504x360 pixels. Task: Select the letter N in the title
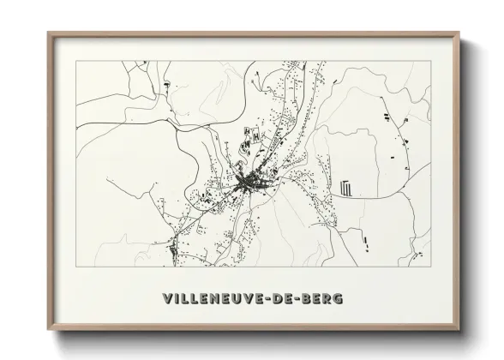click(x=217, y=299)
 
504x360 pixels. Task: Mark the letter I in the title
click(x=177, y=299)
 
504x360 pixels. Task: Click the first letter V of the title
click(x=167, y=299)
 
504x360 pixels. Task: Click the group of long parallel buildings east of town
click(x=346, y=187)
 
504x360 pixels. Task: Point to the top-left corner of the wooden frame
click(x=48, y=33)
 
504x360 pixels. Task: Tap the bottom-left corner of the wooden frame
click(x=48, y=337)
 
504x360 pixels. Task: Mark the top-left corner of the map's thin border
click(x=76, y=62)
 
